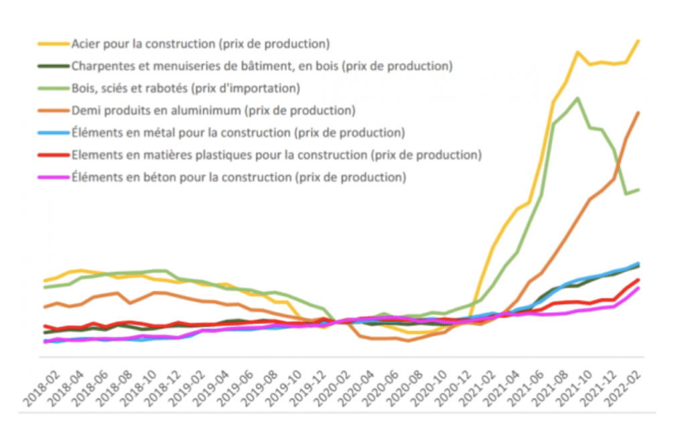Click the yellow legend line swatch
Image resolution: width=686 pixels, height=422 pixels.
pos(54,45)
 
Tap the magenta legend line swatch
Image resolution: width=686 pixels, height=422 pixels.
pos(54,178)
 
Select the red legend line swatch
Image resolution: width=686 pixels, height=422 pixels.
pos(54,155)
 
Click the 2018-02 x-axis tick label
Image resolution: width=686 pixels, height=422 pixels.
pos(41,389)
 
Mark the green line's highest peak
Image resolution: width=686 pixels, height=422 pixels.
pos(577,98)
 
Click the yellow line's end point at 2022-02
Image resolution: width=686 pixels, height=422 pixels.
pos(638,40)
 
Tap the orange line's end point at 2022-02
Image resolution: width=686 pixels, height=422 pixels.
pos(638,113)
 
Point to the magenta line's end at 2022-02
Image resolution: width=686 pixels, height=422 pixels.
pos(638,288)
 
